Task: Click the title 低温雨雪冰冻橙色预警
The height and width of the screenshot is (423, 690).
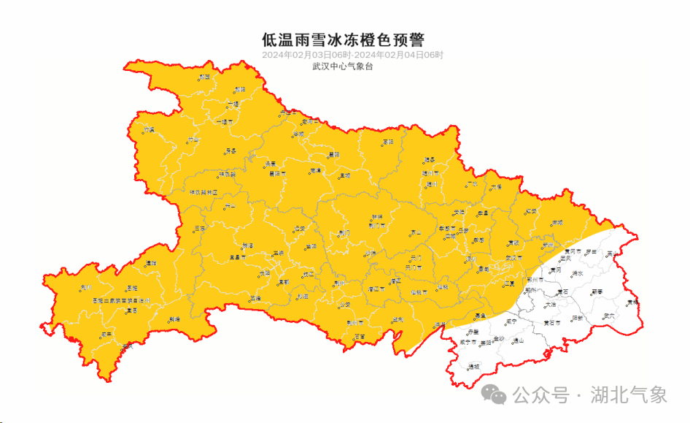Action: click(343, 39)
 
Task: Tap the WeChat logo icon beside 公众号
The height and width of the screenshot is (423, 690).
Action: click(498, 396)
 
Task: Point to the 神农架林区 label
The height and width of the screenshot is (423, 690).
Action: click(203, 193)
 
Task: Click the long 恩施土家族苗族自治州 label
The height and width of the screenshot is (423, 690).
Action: click(120, 300)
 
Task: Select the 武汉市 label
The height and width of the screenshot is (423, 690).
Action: click(513, 258)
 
